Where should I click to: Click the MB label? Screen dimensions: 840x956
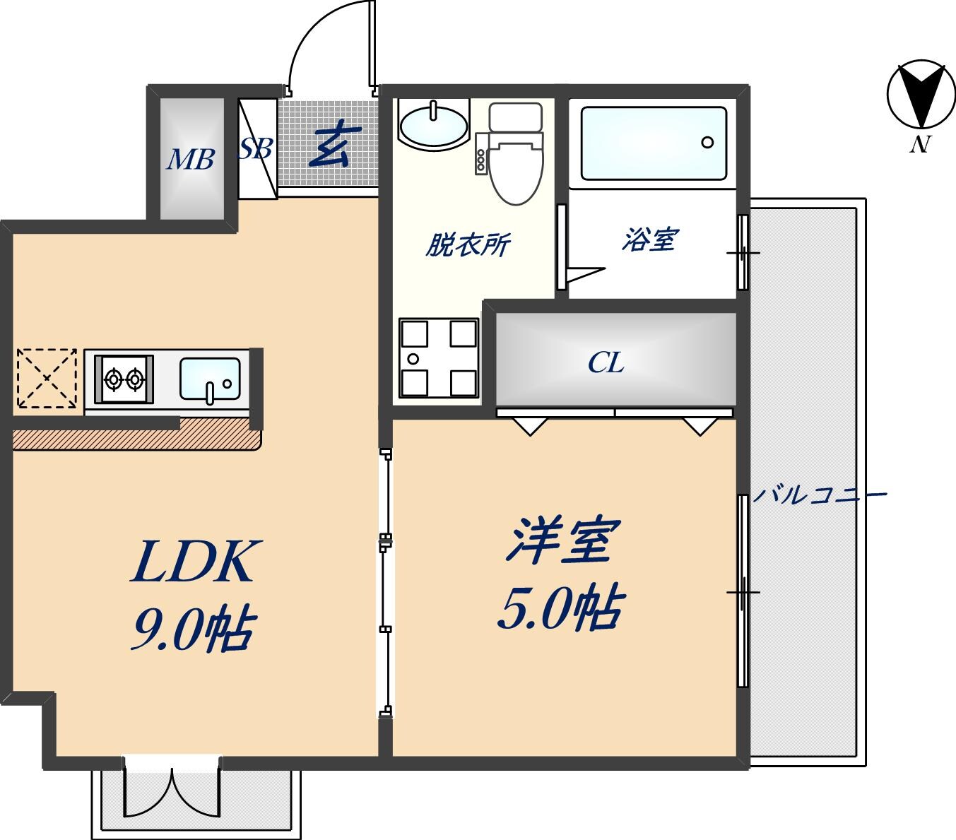point(190,160)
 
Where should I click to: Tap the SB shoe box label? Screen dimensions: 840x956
point(255,148)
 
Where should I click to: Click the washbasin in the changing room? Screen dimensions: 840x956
point(433,124)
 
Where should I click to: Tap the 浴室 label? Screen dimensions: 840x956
point(649,240)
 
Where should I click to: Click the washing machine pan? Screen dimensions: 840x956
point(438,357)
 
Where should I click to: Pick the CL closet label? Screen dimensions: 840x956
point(606,363)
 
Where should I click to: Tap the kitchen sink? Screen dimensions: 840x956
point(210,380)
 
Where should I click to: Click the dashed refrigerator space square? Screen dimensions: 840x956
point(47,378)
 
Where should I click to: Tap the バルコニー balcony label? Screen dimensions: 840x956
point(818,494)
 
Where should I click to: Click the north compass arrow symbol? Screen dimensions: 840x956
point(916,95)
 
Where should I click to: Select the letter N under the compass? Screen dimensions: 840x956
point(919,144)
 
